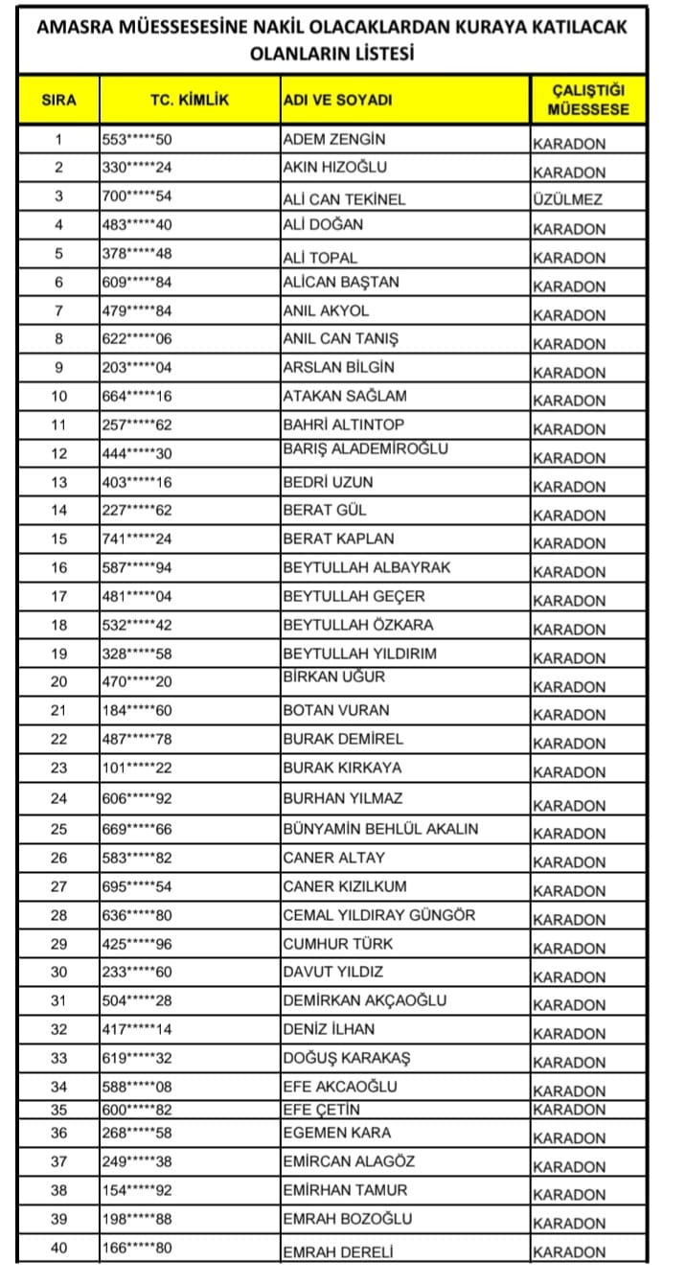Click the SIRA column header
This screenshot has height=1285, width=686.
tap(57, 100)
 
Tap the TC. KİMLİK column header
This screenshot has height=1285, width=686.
tap(190, 100)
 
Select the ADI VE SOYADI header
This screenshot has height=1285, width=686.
tap(337, 101)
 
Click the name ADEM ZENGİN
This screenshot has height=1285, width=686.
tap(334, 140)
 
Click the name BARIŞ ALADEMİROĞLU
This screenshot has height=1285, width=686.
tap(365, 449)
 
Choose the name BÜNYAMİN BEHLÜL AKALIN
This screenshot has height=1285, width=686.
tap(380, 829)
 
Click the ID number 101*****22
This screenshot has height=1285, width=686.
tap(136, 769)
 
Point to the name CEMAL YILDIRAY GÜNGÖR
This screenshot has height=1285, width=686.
tap(378, 915)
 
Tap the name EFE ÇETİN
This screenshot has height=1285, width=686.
tap(322, 1110)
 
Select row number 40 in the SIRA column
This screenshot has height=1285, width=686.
tap(58, 1248)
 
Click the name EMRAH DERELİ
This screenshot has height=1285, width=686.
tap(338, 1251)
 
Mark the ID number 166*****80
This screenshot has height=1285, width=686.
tap(136, 1248)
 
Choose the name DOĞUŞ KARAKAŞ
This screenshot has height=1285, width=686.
tap(346, 1058)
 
